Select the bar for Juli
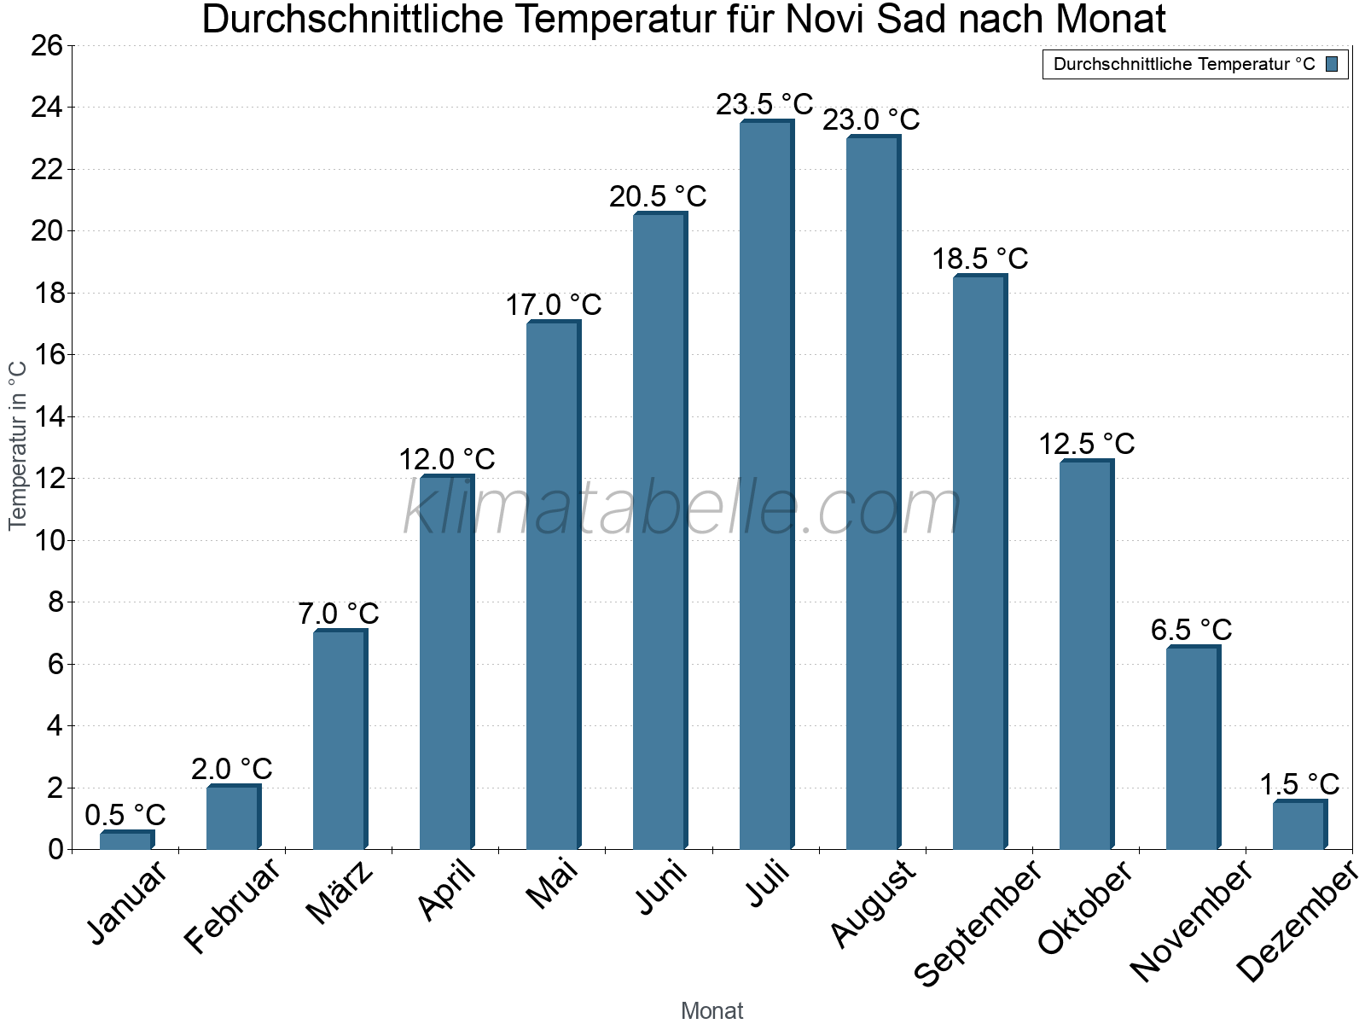766,486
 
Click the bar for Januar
126,841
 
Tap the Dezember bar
1299,825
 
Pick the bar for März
340,740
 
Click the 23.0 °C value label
871,120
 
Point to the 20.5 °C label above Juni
658,197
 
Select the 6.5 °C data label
1191,631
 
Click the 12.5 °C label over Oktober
1086,445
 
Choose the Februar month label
232,905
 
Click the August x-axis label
873,904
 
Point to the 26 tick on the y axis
47,45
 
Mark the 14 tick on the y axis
47,417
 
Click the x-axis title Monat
712,1011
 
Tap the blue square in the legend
1332,64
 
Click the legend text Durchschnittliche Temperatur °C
1184,64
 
